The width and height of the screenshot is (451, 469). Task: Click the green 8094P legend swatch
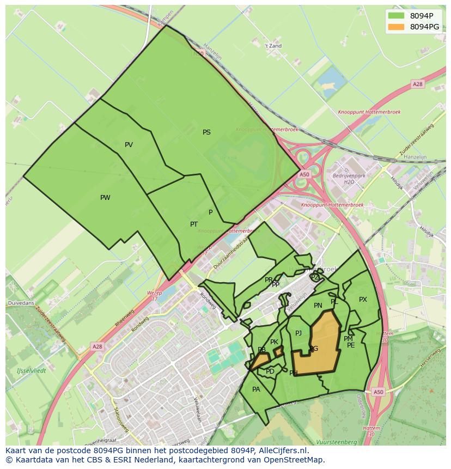[396, 16]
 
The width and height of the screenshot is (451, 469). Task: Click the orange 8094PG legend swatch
[396, 27]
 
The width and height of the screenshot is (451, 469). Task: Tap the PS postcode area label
[206, 132]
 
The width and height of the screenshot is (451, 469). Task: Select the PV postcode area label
[129, 145]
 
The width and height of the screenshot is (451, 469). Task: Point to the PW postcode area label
[105, 198]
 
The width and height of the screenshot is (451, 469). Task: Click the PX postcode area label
[363, 300]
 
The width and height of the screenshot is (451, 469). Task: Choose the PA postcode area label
[256, 389]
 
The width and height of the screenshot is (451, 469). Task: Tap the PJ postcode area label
[298, 333]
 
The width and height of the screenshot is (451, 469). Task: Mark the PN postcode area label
[318, 306]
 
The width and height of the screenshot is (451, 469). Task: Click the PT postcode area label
[194, 224]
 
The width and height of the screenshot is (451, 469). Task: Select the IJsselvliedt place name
[31, 370]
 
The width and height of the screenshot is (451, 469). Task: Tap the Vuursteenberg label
[337, 442]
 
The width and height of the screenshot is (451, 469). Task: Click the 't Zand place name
[273, 46]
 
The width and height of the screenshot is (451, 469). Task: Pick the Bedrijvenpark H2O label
[349, 179]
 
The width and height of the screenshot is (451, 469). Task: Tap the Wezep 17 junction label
[155, 296]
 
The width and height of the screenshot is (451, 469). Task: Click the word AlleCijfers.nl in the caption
[283, 451]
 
